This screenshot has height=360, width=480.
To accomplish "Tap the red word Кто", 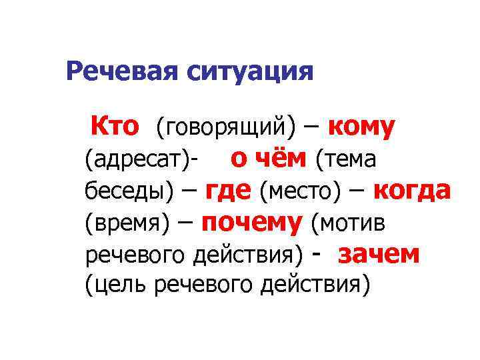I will pyautogui.click(x=115, y=125).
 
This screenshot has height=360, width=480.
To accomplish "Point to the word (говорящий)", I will pyautogui.click(x=225, y=126).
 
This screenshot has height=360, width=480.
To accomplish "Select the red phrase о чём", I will pyautogui.click(x=269, y=159).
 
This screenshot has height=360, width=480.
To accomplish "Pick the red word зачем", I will pyautogui.click(x=379, y=254).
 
